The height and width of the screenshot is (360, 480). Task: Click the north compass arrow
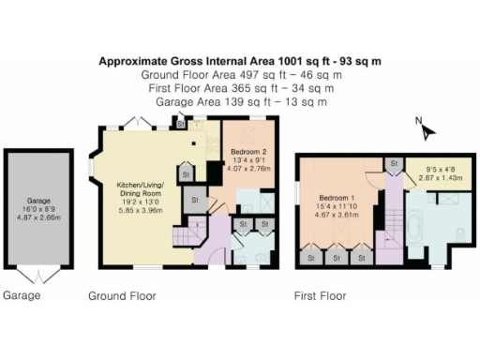pyautogui.click(x=429, y=131)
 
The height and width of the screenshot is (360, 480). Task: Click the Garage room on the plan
pyautogui.click(x=37, y=208)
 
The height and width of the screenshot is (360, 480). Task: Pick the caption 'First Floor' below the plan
pyautogui.click(x=320, y=296)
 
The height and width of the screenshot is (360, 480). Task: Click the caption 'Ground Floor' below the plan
pyautogui.click(x=122, y=296)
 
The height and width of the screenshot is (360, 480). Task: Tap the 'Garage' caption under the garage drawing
pyautogui.click(x=21, y=296)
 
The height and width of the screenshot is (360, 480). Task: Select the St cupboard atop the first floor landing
pyautogui.click(x=395, y=165)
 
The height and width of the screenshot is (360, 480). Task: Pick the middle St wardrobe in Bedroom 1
pyautogui.click(x=334, y=255)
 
